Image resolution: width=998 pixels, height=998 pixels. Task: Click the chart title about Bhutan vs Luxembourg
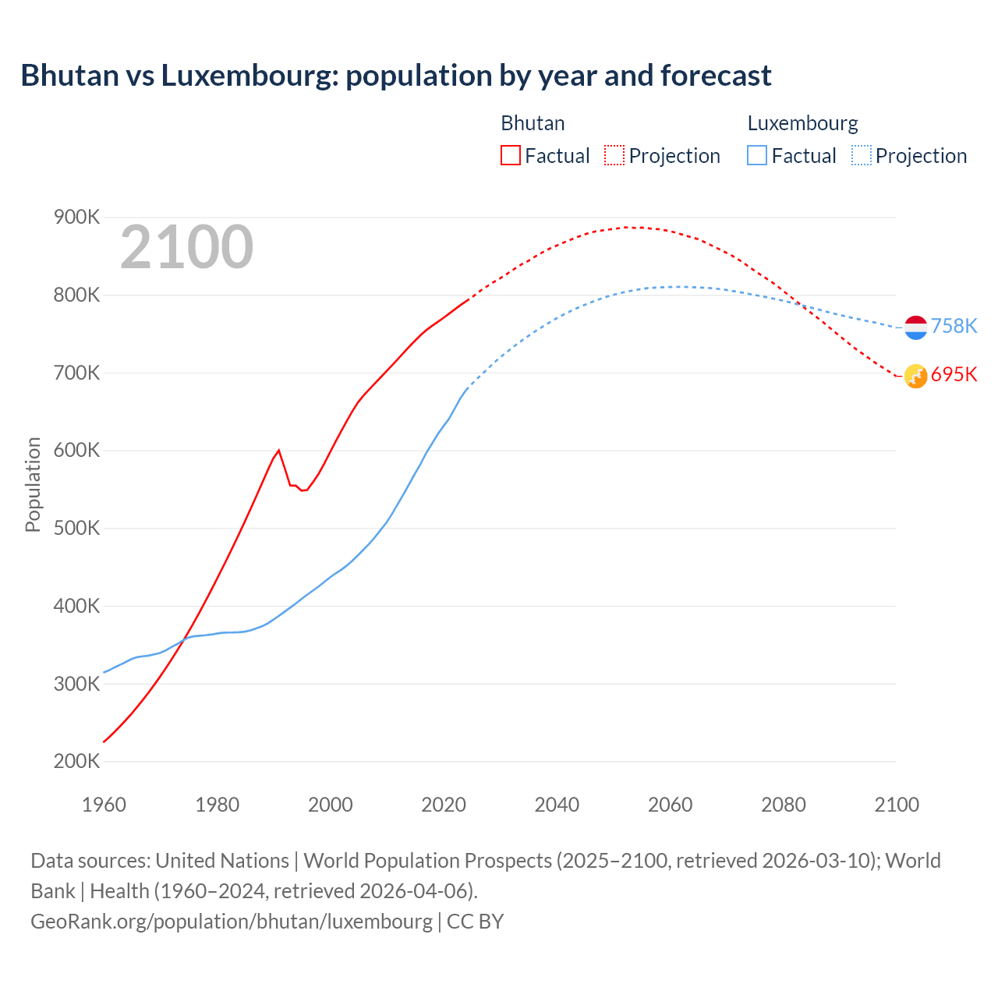point(396,76)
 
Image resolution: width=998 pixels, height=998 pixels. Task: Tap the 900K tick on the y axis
point(76,218)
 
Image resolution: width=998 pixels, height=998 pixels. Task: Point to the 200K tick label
point(76,762)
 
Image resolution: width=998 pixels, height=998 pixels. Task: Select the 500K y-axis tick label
point(76,529)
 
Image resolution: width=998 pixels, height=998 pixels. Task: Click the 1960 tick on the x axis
point(104,805)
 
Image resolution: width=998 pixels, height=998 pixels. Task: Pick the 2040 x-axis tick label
point(557,805)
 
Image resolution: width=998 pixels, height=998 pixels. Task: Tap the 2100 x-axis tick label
point(897,805)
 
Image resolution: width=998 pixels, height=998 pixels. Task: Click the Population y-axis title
point(33,484)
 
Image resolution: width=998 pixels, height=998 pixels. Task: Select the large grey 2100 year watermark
point(186,247)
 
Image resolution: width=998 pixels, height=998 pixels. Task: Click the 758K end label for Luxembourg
point(954,326)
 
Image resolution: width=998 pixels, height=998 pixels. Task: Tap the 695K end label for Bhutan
point(954,375)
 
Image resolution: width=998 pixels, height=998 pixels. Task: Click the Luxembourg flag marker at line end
point(915,327)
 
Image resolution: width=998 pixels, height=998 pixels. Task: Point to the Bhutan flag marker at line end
point(915,376)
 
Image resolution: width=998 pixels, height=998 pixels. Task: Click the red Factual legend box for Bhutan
point(511,156)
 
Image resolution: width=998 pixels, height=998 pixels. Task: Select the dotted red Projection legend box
point(614,156)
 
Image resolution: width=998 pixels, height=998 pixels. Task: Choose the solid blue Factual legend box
point(757,156)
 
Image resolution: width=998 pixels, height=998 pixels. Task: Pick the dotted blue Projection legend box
point(861,156)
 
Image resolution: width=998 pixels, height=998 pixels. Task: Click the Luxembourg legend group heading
point(802,123)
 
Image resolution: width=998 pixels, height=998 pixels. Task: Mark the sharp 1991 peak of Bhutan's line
point(278,450)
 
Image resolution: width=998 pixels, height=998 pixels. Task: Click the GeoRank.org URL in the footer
point(231,921)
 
